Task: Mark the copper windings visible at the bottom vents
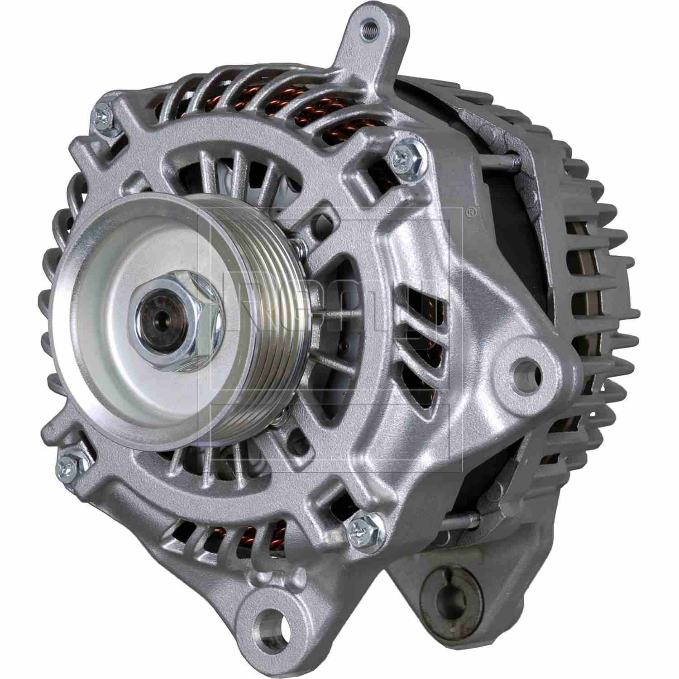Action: point(253,539)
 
